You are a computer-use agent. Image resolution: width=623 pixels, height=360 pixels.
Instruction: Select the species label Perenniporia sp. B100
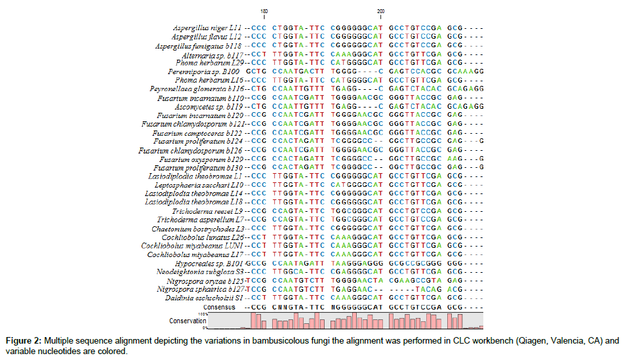(x=203, y=70)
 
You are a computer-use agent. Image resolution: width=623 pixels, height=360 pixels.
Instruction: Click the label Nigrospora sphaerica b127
(x=200, y=289)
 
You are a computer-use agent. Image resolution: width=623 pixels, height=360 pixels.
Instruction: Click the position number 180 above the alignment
(x=264, y=11)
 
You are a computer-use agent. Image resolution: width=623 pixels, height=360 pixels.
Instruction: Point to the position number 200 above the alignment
(x=381, y=11)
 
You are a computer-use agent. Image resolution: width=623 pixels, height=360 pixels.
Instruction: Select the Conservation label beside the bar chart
(x=187, y=321)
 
